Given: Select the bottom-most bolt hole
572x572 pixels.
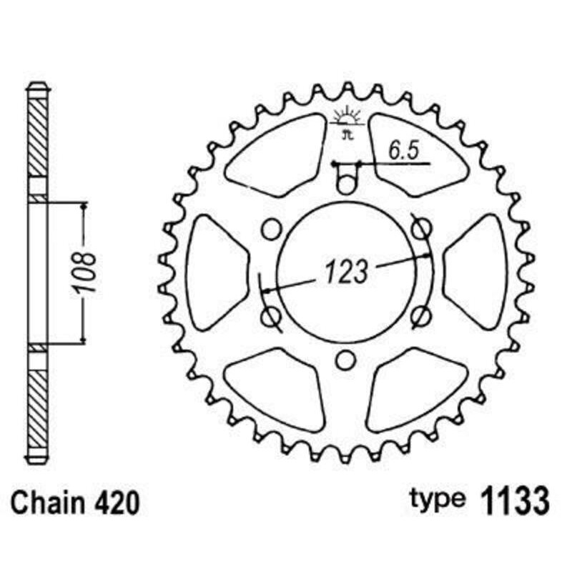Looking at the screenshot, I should coord(346,360).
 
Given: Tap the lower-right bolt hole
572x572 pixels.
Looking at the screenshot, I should coord(422,315).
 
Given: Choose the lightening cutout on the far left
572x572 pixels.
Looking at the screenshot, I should coord(217,272).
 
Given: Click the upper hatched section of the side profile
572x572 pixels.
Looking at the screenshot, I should coord(38,136).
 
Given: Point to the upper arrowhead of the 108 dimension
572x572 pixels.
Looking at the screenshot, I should coord(84,207).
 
